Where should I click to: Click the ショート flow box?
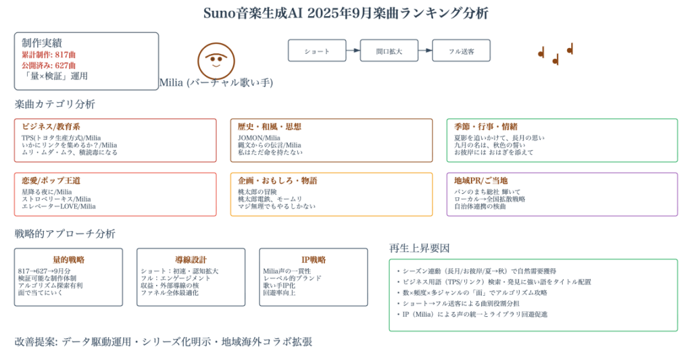[x=317, y=51]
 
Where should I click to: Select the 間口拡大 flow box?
[x=389, y=51]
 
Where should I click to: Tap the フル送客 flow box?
[x=462, y=51]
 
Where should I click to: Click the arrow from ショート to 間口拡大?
[x=353, y=51]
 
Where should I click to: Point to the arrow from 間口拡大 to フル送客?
[x=425, y=51]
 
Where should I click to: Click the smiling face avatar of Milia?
[x=216, y=61]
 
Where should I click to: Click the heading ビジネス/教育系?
[x=51, y=127]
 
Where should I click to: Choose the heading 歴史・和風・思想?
[x=269, y=127]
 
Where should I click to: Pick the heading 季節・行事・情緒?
[x=486, y=127]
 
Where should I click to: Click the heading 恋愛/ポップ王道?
[x=51, y=181]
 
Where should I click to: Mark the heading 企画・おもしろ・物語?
[x=277, y=181]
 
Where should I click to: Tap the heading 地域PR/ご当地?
[x=480, y=181]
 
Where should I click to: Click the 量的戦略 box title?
[x=68, y=259]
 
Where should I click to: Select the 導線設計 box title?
[x=191, y=259]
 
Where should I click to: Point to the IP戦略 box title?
[x=313, y=259]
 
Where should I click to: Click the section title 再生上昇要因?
[x=420, y=247]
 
